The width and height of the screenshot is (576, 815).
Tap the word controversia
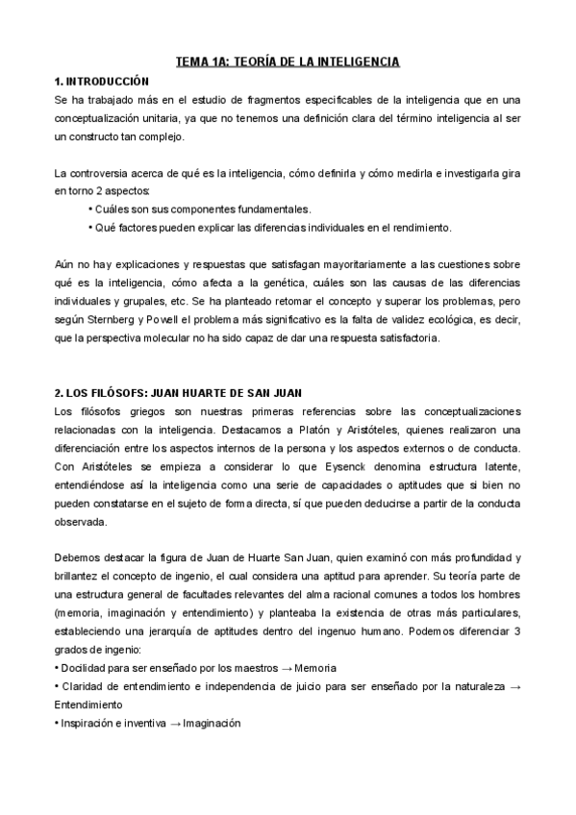(106, 173)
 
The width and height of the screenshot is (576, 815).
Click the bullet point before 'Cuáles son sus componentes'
(89, 209)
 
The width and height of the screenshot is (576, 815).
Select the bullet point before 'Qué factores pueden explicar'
(89, 228)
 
